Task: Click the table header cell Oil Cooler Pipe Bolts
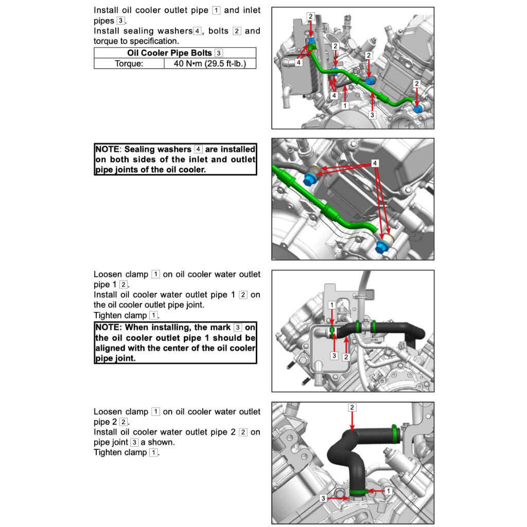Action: point(169,53)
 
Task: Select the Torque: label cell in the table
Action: point(129,63)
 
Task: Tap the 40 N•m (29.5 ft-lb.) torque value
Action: point(210,63)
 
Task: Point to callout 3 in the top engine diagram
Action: point(372,115)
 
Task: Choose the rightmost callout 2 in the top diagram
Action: point(417,83)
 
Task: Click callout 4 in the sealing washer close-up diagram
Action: point(375,163)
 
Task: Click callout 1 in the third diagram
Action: point(332,305)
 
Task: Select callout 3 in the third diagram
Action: point(333,356)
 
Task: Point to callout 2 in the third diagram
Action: point(346,357)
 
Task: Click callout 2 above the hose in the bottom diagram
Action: point(352,408)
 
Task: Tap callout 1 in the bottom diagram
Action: point(388,491)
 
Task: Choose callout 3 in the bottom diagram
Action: point(323,499)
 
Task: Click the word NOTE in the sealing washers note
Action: point(107,149)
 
